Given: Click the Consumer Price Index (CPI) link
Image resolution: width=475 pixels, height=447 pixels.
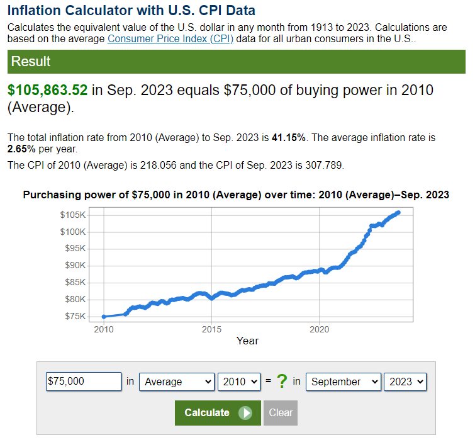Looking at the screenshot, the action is (x=170, y=39).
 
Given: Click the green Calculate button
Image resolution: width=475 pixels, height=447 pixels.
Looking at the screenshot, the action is (x=218, y=413).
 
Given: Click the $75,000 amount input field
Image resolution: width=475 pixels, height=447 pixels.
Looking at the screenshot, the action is (x=84, y=382).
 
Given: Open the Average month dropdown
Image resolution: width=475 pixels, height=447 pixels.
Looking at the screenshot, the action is (x=177, y=382).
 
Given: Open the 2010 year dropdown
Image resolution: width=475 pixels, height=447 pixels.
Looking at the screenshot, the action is (x=239, y=382).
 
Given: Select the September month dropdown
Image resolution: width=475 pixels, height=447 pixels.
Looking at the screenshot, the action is (x=344, y=382).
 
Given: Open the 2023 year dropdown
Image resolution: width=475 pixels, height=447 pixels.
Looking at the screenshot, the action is (x=405, y=382).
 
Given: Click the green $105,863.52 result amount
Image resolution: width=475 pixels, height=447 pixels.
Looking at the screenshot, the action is (x=47, y=90).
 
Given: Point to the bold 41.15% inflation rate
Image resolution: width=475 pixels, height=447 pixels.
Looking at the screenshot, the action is (x=289, y=138).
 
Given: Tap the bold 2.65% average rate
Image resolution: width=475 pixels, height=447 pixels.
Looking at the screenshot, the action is (x=21, y=149).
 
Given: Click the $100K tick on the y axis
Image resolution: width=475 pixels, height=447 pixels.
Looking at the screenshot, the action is (x=73, y=232).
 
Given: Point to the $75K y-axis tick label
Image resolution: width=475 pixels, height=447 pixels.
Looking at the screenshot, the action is (x=75, y=317).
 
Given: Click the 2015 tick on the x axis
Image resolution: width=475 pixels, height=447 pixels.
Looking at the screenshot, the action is (x=212, y=329).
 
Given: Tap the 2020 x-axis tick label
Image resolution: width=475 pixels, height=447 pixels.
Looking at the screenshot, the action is (x=320, y=329).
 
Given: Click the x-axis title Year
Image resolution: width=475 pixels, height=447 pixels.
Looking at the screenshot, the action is (x=247, y=341).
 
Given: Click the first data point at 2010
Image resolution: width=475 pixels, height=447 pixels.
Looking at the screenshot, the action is (x=104, y=317).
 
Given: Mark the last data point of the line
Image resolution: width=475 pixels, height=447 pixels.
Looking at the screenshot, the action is (x=398, y=212).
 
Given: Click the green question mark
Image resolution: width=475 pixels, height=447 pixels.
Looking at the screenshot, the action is (x=282, y=382).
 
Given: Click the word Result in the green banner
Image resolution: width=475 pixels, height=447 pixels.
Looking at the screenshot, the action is (x=31, y=61).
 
